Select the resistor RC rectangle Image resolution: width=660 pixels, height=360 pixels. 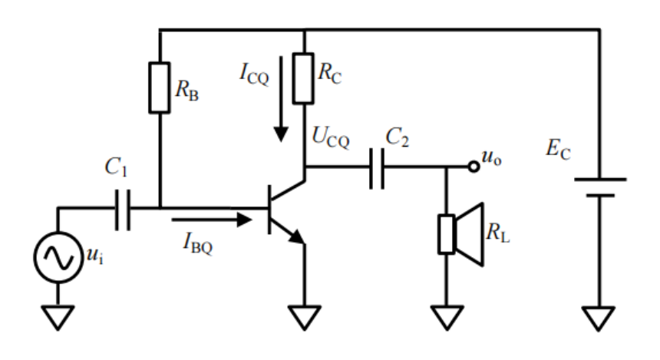coord(305,78)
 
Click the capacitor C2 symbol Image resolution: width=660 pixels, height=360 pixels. coord(376,166)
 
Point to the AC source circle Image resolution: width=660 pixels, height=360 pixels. coord(58,258)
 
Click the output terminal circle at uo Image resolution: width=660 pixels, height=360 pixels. coord(474,166)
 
